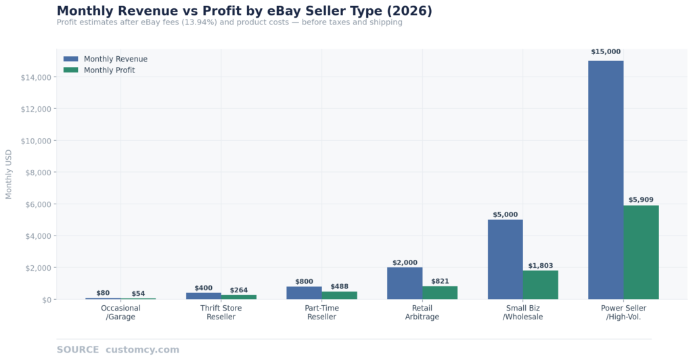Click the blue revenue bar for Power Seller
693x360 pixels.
click(605, 179)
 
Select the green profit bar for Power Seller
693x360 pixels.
click(641, 252)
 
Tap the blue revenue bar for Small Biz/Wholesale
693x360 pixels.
click(505, 259)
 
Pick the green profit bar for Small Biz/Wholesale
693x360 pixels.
click(540, 285)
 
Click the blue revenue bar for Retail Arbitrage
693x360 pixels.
click(405, 283)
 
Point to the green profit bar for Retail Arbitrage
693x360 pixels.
click(440, 292)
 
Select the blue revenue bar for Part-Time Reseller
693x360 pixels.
click(304, 292)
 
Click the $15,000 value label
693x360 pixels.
click(605, 52)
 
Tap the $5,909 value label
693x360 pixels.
click(641, 200)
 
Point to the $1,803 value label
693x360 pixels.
click(540, 265)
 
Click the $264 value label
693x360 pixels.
click(239, 290)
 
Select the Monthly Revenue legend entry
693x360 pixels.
click(115, 59)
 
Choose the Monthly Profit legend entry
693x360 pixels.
click(109, 70)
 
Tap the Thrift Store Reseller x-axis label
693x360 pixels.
click(221, 313)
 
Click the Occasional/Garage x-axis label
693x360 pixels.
click(120, 313)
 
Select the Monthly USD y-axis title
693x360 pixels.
click(9, 174)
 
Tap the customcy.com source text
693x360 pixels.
click(142, 350)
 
